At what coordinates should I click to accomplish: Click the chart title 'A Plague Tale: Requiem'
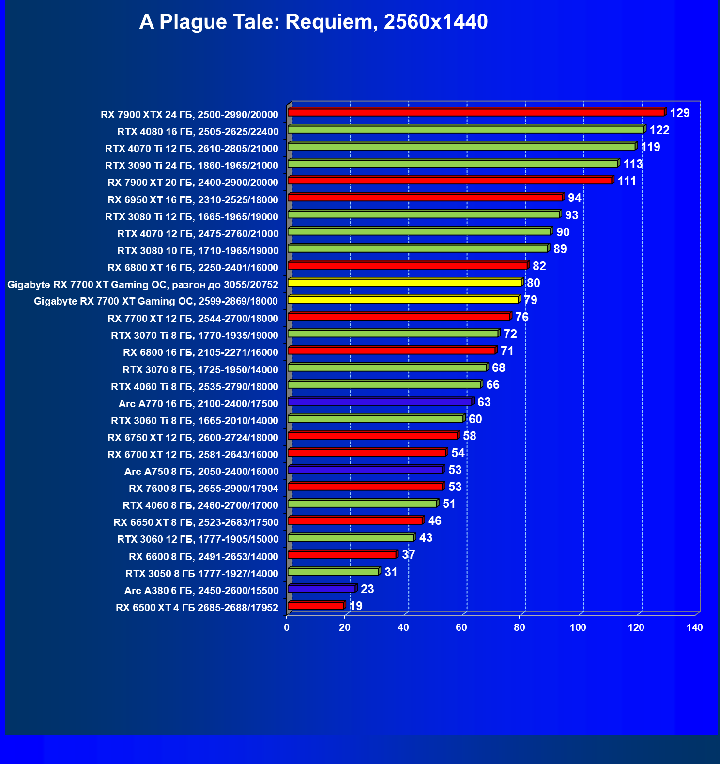pyautogui.click(x=313, y=22)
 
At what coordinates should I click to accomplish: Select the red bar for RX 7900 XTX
pyautogui.click(x=476, y=112)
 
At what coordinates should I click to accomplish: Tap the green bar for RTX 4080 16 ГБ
pyautogui.click(x=466, y=129)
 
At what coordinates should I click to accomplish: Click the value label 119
pyautogui.click(x=650, y=147)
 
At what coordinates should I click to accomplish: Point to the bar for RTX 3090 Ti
pyautogui.click(x=453, y=164)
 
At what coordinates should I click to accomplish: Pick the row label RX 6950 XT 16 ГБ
pyautogui.click(x=193, y=199)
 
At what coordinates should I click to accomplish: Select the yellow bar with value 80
pyautogui.click(x=405, y=282)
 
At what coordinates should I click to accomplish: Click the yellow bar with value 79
pyautogui.click(x=403, y=300)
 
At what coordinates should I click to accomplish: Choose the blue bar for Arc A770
pyautogui.click(x=380, y=401)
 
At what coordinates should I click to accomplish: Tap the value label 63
pyautogui.click(x=484, y=402)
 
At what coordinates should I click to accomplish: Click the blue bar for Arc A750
pyautogui.click(x=365, y=470)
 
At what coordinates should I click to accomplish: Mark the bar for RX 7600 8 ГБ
pyautogui.click(x=365, y=487)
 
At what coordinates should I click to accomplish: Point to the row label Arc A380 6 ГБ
pyautogui.click(x=201, y=590)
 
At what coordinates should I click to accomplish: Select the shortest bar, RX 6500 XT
pyautogui.click(x=316, y=606)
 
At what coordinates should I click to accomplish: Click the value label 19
pyautogui.click(x=355, y=606)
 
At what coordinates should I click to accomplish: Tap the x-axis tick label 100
pyautogui.click(x=578, y=627)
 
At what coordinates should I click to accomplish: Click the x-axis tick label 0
pyautogui.click(x=287, y=627)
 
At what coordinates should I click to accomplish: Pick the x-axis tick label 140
pyautogui.click(x=694, y=627)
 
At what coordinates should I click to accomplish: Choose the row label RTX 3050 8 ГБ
pyautogui.click(x=202, y=573)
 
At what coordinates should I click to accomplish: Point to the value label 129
pyautogui.click(x=679, y=113)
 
